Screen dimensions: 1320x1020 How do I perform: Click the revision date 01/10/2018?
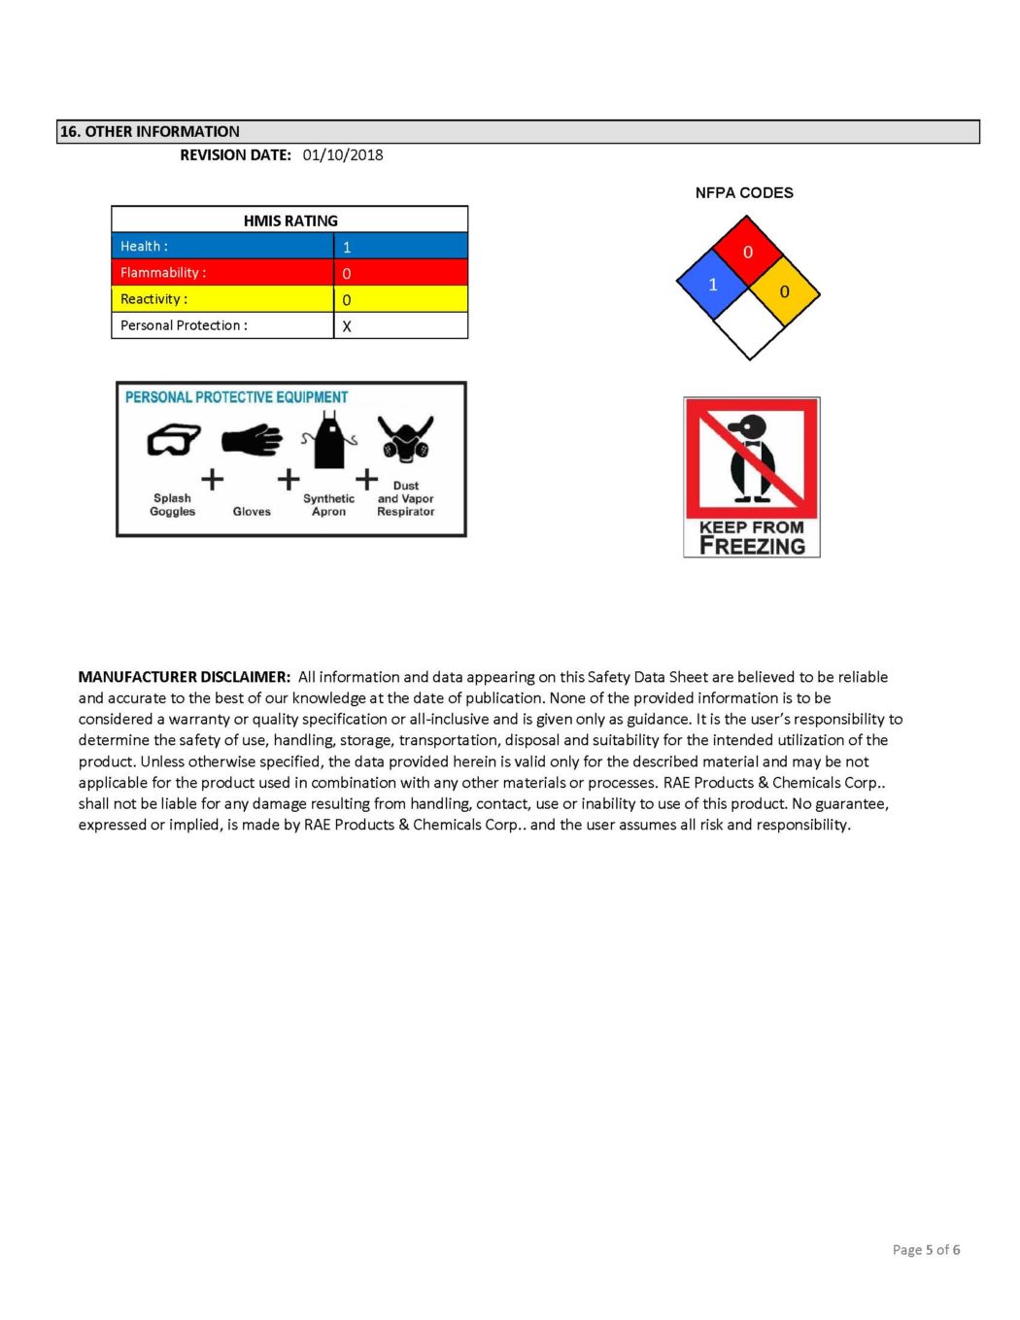(x=342, y=155)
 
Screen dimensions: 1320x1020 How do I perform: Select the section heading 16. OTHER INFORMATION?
(x=150, y=132)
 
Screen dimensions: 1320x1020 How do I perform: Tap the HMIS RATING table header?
(x=289, y=220)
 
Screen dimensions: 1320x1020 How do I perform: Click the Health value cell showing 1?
(x=400, y=247)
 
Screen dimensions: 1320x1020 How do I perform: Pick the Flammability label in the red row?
(x=163, y=273)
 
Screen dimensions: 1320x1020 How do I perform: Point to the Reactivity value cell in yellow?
(x=400, y=299)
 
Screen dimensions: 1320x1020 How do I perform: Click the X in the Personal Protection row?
(x=347, y=326)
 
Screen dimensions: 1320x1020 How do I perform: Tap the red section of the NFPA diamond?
(x=748, y=252)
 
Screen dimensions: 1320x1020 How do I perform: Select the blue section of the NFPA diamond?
(x=712, y=285)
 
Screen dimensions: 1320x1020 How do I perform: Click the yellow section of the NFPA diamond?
(x=785, y=291)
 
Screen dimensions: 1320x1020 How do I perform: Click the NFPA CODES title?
(x=744, y=193)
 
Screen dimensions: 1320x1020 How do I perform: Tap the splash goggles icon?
(x=173, y=440)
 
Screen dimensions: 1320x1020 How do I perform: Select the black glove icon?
(x=252, y=440)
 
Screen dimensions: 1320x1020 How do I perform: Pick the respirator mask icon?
(x=405, y=440)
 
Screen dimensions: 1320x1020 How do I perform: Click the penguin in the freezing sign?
(x=751, y=457)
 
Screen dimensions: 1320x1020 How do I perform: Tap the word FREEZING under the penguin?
(x=752, y=546)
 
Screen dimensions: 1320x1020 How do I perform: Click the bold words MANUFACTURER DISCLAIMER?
(x=185, y=677)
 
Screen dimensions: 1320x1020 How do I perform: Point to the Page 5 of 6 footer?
(x=926, y=1250)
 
